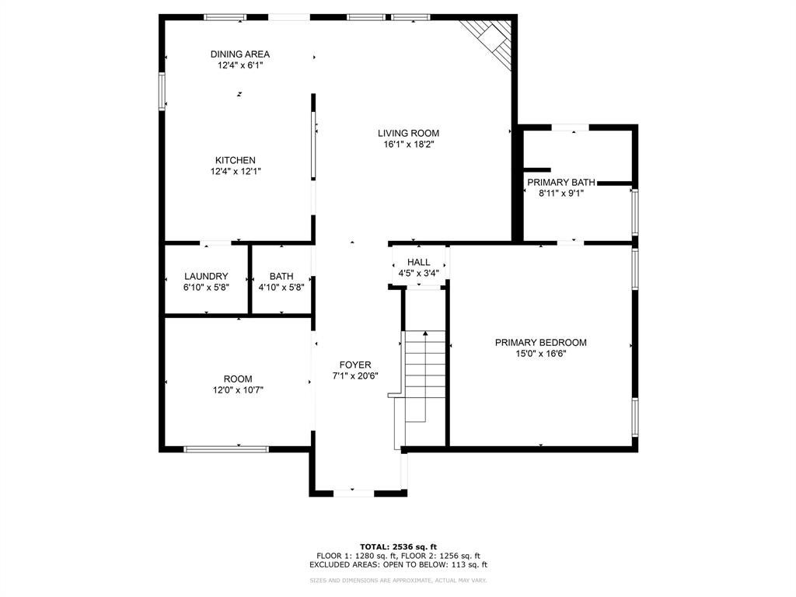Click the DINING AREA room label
tap(240, 54)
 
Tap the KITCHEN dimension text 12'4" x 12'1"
tap(236, 172)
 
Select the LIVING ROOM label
tap(408, 134)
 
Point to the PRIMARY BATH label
tap(561, 182)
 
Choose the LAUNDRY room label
tap(206, 277)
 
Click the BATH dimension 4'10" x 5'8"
tap(281, 288)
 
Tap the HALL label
tap(419, 262)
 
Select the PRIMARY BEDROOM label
tap(541, 343)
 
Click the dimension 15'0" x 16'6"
tap(541, 354)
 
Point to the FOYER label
tap(355, 365)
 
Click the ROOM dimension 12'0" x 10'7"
tap(238, 390)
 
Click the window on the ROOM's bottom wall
tap(226, 449)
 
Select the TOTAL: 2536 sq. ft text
tap(399, 546)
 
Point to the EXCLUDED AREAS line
tap(399, 564)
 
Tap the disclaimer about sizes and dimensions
tap(399, 580)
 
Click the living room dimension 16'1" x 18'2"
tap(409, 145)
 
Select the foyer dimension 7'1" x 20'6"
tap(355, 376)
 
